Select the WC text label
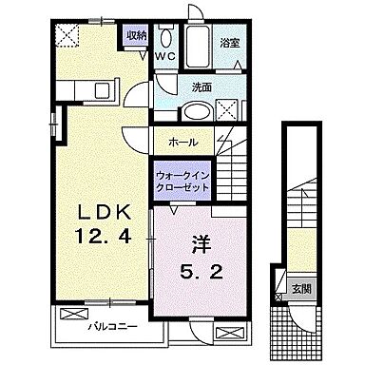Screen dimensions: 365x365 pos(166,54)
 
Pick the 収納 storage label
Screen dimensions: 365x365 pos(136,36)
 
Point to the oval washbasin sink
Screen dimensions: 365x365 pos(196,109)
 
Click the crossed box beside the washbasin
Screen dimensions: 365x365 pos(228,109)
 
